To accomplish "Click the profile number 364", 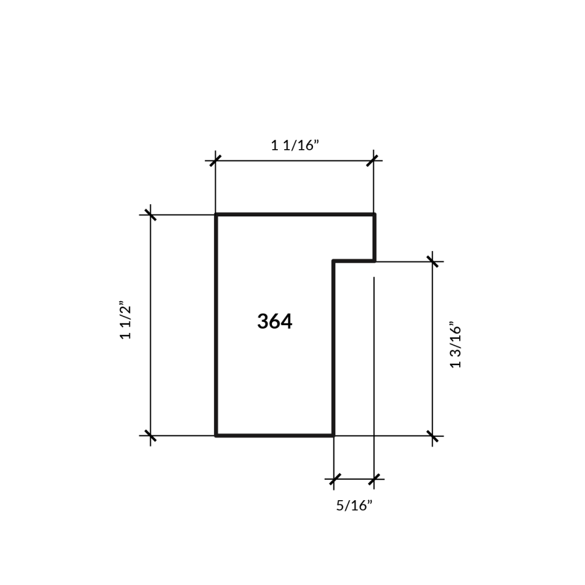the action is (x=274, y=321).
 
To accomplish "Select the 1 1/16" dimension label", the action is (x=295, y=145).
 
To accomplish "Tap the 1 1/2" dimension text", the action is (x=126, y=320).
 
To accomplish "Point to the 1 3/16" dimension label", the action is (x=456, y=345).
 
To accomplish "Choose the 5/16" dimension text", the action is (x=354, y=505).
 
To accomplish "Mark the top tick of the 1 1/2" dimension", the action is (x=150, y=215).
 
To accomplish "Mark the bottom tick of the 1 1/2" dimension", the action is (x=150, y=435).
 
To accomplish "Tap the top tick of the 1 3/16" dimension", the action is (x=432, y=261).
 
